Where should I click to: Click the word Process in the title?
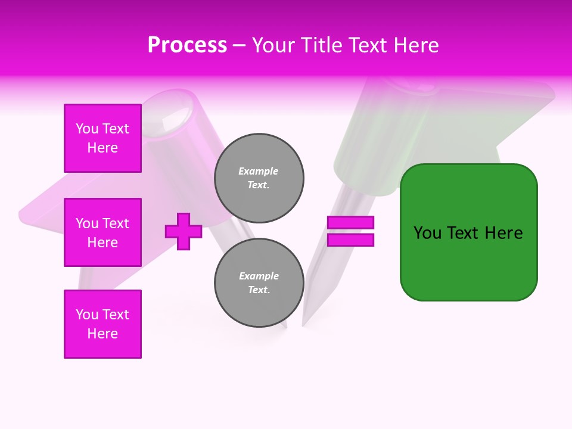click(187, 45)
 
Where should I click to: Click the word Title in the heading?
click(322, 45)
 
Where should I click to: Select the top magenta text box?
click(102, 138)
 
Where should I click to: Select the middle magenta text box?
click(102, 232)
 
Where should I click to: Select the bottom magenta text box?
click(102, 324)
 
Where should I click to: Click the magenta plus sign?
click(184, 231)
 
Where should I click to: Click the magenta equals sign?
click(350, 231)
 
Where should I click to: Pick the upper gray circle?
click(259, 178)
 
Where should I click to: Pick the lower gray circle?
click(259, 283)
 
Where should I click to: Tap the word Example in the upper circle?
click(258, 171)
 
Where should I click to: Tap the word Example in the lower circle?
click(259, 276)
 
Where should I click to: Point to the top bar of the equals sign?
click(350, 222)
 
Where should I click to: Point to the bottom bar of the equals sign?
click(350, 240)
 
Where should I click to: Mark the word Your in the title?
click(274, 45)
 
